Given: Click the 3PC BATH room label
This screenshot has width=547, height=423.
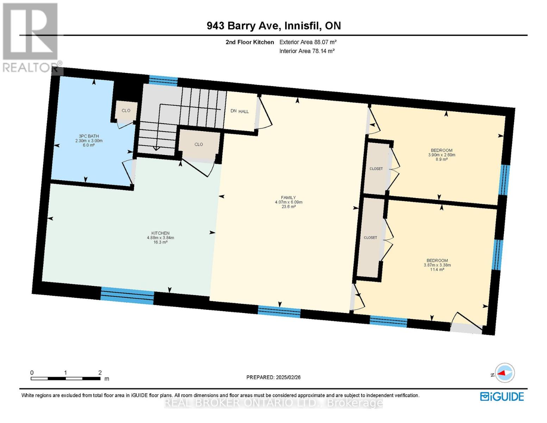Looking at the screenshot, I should pos(89,136).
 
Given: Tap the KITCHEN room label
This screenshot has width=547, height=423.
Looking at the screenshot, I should pos(160,233).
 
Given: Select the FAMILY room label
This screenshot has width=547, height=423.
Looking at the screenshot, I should pos(288,198).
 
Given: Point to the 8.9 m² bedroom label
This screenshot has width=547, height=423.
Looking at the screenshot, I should pos(441,155).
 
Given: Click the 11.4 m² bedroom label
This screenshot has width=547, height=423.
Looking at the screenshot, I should pos(437,265).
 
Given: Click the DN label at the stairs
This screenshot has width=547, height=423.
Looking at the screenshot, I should pos(233,111).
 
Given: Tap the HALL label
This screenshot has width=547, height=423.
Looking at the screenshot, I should pos(244,111).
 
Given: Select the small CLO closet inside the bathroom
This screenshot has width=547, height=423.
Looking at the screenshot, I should pos(126,111).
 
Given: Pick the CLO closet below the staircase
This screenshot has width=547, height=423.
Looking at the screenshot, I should pos(199,144).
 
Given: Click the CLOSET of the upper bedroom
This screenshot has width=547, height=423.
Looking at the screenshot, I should pos(376,169).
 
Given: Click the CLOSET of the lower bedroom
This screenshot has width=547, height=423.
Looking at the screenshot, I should pos(370,238).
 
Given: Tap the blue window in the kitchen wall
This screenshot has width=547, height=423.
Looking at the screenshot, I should pos(127,296).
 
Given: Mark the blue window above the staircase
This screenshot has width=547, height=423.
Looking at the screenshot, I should pos(163,81).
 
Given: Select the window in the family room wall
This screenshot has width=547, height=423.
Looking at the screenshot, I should pos(279,312).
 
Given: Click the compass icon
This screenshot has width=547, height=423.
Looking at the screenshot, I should pos(505,373).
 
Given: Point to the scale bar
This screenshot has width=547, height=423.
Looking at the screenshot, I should pos(66,378).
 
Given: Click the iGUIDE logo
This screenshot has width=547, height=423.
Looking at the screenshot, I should pos(502,397).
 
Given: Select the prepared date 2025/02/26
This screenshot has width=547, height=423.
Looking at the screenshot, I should pos(273,377).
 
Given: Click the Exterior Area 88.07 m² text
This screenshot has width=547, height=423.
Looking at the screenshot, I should pos(308,42).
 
